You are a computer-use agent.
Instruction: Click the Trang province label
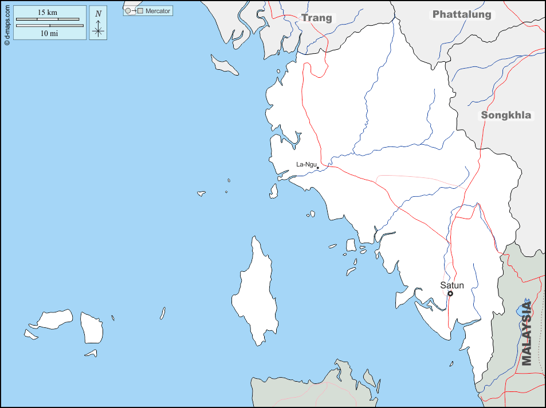(317, 18)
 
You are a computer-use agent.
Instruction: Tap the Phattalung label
(462, 15)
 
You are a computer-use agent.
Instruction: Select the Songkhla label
(506, 115)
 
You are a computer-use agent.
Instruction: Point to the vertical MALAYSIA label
(527, 333)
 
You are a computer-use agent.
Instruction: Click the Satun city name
(452, 285)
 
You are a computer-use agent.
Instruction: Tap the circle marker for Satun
(450, 294)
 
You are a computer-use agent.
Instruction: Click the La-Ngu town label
(306, 164)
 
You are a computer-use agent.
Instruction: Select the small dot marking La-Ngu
(318, 168)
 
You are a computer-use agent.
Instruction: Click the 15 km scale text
(48, 13)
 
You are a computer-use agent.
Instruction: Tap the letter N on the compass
(99, 14)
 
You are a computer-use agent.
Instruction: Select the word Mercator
(158, 10)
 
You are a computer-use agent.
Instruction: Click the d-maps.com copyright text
(6, 23)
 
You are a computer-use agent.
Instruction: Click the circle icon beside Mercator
(128, 10)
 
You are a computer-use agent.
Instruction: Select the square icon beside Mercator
(140, 10)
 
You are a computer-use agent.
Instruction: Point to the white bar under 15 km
(48, 19)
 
